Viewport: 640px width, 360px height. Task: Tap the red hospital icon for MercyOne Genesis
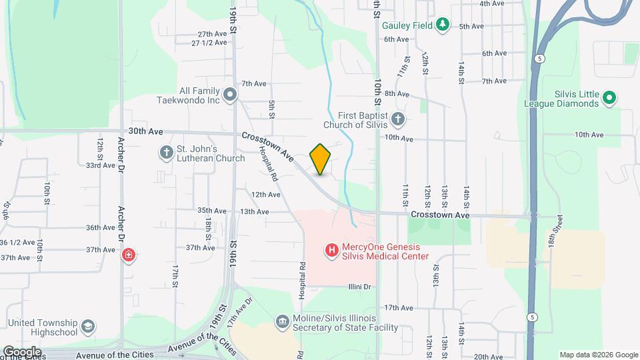point(331,251)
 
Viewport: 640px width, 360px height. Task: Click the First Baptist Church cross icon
point(398,119)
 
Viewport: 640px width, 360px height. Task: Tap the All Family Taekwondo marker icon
point(230,95)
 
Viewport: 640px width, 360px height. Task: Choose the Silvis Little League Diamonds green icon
point(609,99)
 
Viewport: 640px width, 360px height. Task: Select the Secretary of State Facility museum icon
point(283,323)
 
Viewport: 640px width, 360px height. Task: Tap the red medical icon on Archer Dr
point(128,255)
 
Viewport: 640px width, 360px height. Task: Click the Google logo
point(22,352)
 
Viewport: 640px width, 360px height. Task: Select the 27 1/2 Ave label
point(209,43)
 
